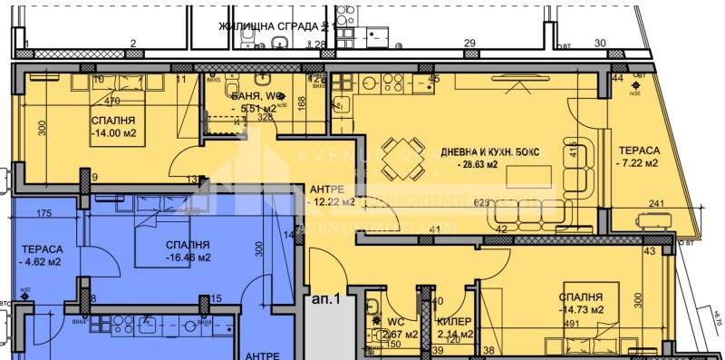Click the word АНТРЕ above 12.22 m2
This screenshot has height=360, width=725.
tap(327, 189)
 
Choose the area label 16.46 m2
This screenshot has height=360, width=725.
tap(188, 258)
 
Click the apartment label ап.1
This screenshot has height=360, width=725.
tap(324, 297)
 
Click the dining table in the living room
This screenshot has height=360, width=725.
tap(400, 160)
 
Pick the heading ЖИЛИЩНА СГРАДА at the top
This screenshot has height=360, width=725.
tap(267, 26)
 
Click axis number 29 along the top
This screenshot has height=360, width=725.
tap(469, 44)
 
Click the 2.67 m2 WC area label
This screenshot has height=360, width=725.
tap(401, 335)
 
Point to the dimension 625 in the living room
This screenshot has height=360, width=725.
tap(482, 203)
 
